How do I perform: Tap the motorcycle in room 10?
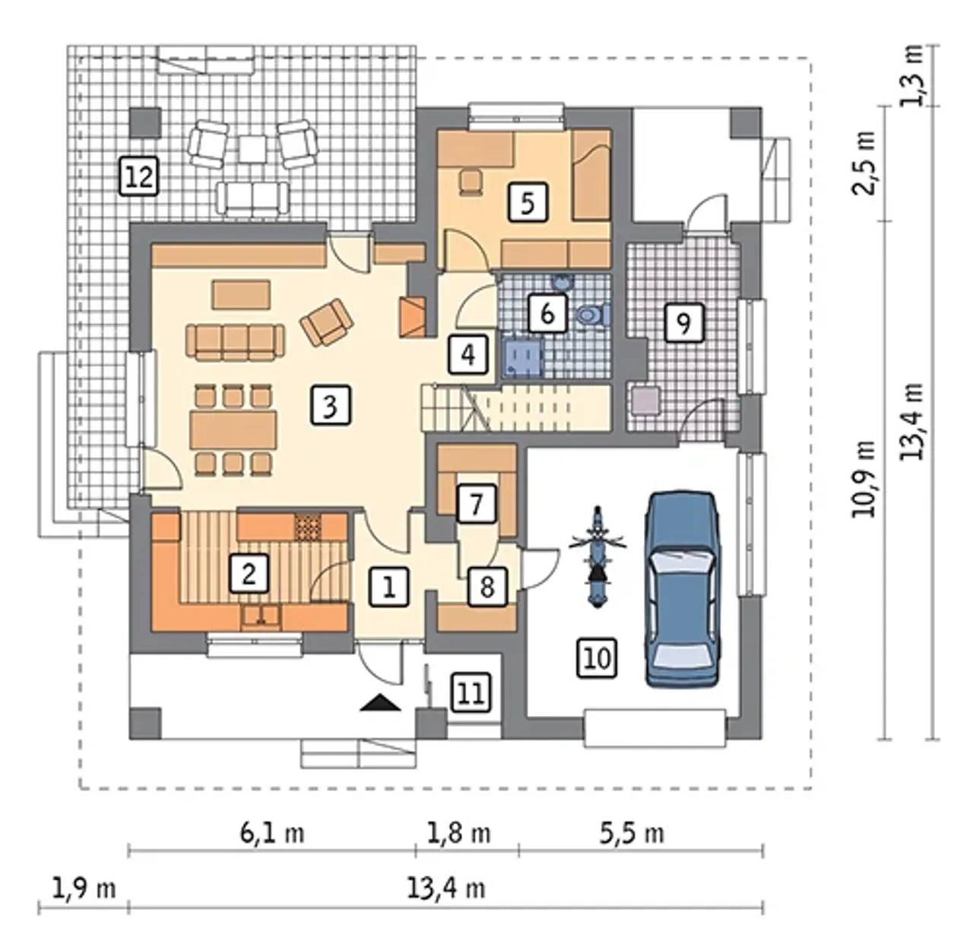(597, 556)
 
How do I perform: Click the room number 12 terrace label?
(139, 176)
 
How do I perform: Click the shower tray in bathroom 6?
(523, 357)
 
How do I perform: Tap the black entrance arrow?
(381, 702)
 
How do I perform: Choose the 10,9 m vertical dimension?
(864, 479)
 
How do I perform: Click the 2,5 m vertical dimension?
(864, 163)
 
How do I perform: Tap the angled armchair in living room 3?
(327, 322)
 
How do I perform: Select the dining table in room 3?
(233, 430)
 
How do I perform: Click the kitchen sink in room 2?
(261, 617)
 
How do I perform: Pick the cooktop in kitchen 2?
(307, 528)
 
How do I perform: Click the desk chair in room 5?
(471, 180)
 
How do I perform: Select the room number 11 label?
(471, 693)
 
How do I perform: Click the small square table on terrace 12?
(253, 149)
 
